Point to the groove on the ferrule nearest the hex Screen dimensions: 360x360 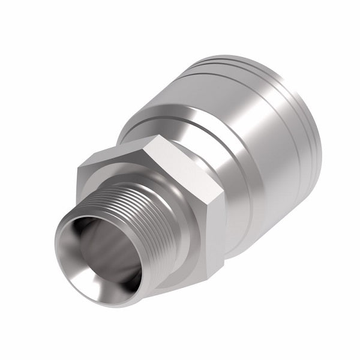point(168,120)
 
